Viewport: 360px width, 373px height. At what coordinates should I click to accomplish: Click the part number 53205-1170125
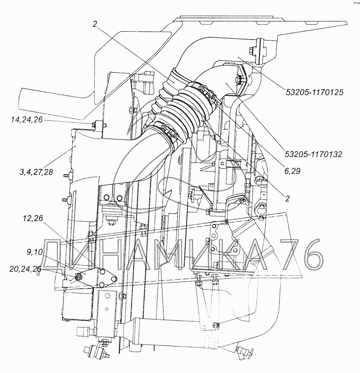(x=314, y=92)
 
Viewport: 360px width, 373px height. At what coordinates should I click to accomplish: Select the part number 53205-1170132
(x=313, y=154)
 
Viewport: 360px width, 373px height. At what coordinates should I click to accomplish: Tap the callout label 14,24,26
(x=26, y=120)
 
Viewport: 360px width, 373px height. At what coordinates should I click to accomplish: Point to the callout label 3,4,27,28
(x=36, y=172)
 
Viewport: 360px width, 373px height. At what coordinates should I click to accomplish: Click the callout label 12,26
(x=33, y=218)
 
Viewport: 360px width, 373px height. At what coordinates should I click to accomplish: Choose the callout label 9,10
(x=34, y=252)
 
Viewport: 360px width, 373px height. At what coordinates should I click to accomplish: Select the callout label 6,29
(x=292, y=171)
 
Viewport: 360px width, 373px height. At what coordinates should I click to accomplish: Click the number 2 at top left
(x=95, y=24)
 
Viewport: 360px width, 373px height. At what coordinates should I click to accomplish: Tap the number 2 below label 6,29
(x=287, y=198)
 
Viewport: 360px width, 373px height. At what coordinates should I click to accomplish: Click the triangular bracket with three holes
(x=98, y=278)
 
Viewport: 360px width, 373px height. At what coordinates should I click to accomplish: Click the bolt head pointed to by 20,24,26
(x=78, y=276)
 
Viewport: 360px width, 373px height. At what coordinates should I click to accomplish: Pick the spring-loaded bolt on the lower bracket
(x=215, y=325)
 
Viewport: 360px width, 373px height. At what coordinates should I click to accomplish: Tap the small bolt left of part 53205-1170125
(x=252, y=51)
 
